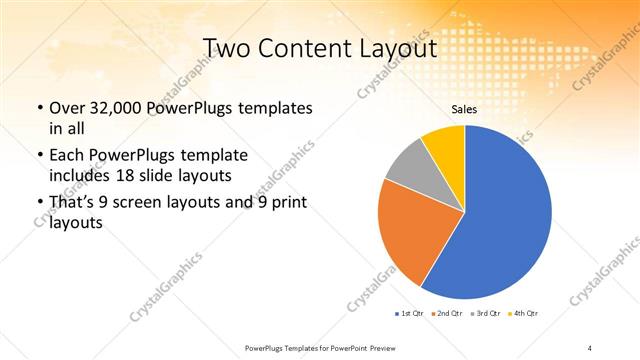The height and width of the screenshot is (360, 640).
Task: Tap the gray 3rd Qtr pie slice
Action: [408, 167]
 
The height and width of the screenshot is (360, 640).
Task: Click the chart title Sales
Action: [464, 111]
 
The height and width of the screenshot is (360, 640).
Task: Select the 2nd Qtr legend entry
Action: [446, 314]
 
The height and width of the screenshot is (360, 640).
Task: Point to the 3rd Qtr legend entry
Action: [485, 314]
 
